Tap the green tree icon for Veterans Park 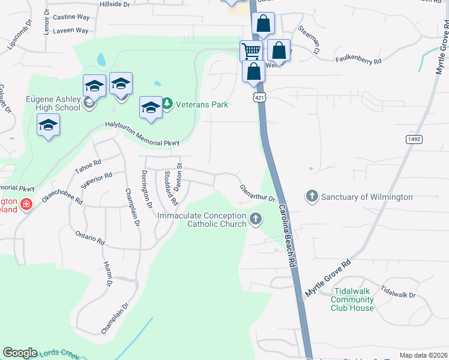point(167,104)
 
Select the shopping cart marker point(251,50)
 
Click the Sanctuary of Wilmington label point(367,197)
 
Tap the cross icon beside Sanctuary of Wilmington point(312,196)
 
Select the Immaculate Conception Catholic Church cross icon point(256,219)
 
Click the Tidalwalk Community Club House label point(352,299)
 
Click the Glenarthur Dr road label point(257,194)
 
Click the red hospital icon point(26,205)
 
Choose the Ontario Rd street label point(90,238)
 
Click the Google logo point(20,353)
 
